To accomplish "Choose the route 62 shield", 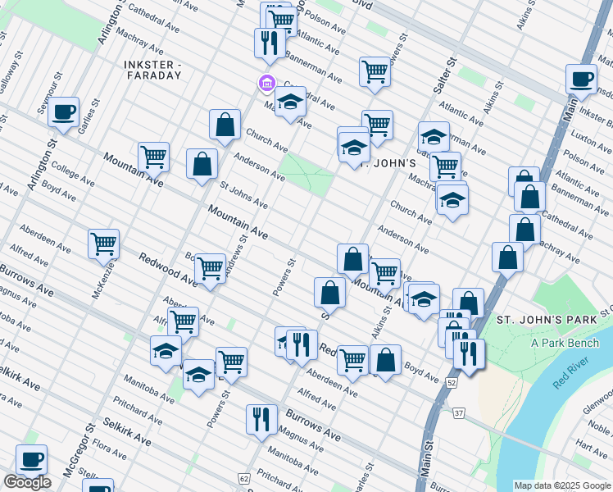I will click(244, 478).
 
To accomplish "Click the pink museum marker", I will click(266, 83).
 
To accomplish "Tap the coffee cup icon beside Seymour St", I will click(63, 112).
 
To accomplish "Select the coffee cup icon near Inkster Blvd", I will click(581, 79).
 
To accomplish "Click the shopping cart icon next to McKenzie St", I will click(104, 244).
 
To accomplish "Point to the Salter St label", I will click(450, 71).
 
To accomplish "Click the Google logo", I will click(27, 483).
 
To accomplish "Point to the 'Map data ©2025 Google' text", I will click(561, 485).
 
